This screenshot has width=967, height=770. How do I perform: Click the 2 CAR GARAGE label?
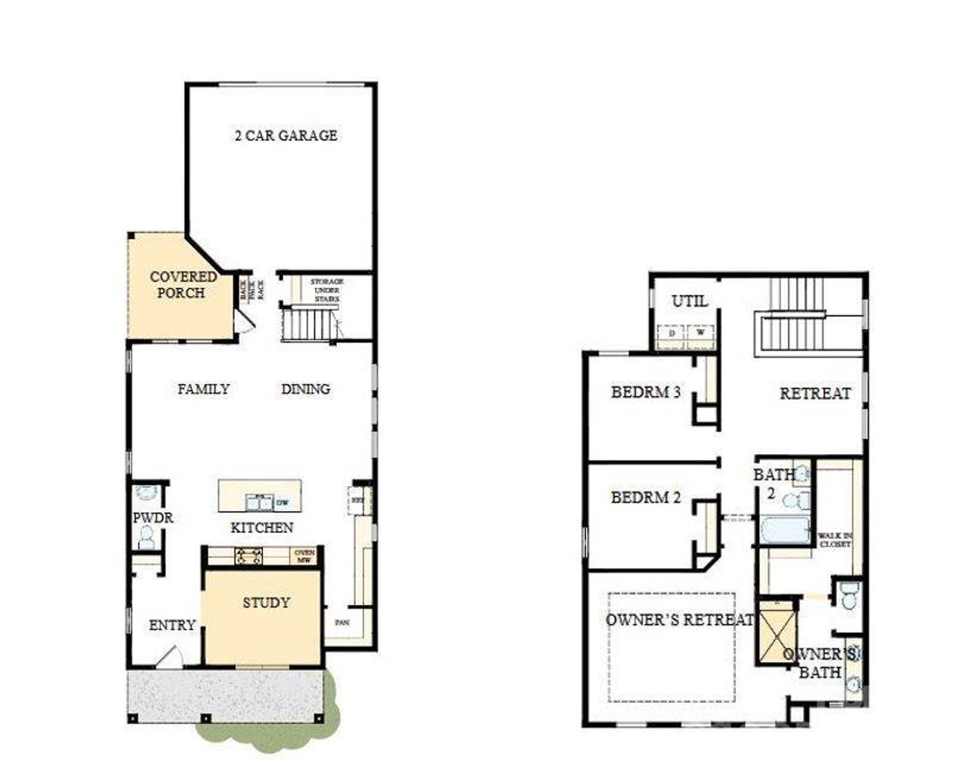(286, 136)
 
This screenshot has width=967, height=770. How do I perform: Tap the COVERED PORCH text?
(183, 284)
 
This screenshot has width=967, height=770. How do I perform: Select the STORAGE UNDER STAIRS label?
(326, 289)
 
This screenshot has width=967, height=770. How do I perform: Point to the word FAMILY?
(203, 389)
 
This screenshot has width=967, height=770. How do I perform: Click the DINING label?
(305, 389)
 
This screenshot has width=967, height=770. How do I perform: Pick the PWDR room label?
(153, 518)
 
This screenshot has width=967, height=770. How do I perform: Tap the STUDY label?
(266, 603)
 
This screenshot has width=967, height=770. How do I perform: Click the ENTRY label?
(171, 626)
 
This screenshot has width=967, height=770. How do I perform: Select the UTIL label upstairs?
(690, 301)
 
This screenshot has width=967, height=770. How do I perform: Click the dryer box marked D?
(671, 333)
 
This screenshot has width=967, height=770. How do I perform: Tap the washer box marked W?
(700, 333)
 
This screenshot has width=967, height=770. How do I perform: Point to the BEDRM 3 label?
(645, 392)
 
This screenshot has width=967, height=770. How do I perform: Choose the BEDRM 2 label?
(645, 498)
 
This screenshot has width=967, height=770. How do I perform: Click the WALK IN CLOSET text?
(834, 540)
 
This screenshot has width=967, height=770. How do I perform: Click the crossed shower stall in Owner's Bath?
(776, 632)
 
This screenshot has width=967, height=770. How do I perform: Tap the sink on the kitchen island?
(258, 503)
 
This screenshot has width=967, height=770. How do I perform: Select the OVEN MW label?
(304, 556)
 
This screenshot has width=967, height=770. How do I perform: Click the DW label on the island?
(283, 503)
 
